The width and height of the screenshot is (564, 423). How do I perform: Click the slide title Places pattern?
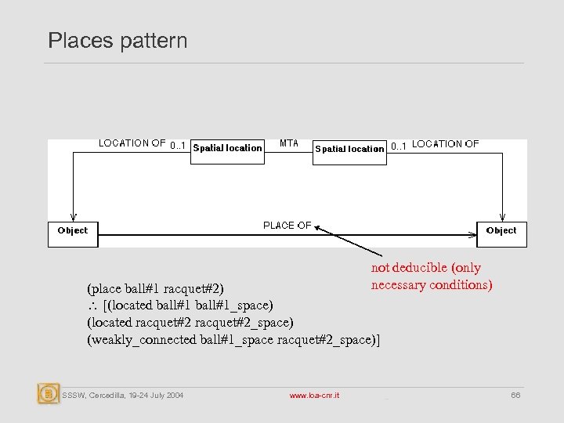pyautogui.click(x=117, y=40)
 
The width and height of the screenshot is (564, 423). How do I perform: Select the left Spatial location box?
pyautogui.click(x=227, y=148)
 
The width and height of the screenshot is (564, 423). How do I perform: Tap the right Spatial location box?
pyautogui.click(x=349, y=149)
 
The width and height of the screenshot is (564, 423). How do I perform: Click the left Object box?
pyautogui.click(x=73, y=230)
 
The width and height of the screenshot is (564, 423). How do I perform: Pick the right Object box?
pyautogui.click(x=501, y=230)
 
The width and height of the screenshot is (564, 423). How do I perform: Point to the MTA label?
pyautogui.click(x=289, y=143)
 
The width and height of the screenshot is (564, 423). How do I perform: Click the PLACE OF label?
pyautogui.click(x=287, y=226)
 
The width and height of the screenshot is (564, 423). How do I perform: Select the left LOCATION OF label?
pyautogui.click(x=132, y=143)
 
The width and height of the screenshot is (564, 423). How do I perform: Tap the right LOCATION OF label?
pyautogui.click(x=446, y=144)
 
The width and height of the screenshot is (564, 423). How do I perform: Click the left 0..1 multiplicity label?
pyautogui.click(x=178, y=145)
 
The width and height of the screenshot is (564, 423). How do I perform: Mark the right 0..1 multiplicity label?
pyautogui.click(x=399, y=145)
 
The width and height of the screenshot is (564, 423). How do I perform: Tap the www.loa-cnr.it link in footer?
pyautogui.click(x=314, y=396)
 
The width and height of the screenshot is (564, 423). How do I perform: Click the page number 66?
pyautogui.click(x=515, y=396)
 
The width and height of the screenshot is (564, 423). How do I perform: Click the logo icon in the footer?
pyautogui.click(x=49, y=393)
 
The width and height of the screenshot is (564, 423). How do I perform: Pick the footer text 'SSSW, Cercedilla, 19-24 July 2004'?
pyautogui.click(x=123, y=396)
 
